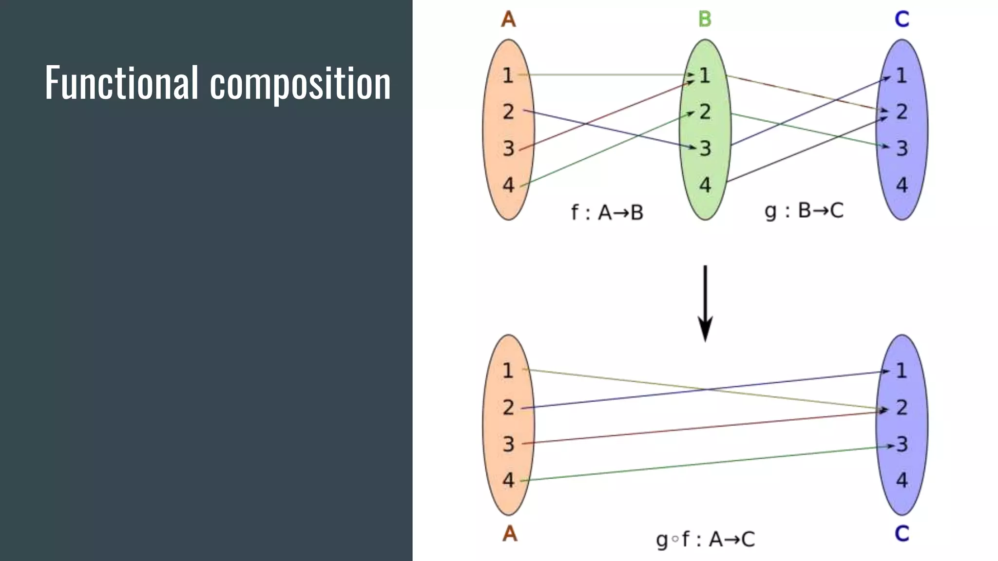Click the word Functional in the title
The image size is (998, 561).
tap(122, 82)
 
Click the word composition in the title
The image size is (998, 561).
tap(300, 84)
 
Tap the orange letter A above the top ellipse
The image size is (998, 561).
tap(508, 19)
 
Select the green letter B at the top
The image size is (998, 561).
tap(705, 19)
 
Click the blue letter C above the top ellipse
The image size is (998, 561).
tap(902, 19)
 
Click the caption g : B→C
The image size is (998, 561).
tap(804, 211)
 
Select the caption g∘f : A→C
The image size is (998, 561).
tap(705, 539)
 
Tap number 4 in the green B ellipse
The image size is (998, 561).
tap(705, 185)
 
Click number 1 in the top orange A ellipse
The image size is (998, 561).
tap(508, 75)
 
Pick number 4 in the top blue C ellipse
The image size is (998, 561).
tap(902, 185)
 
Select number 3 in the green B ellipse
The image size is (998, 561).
tap(706, 149)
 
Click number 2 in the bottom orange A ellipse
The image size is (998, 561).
tap(508, 407)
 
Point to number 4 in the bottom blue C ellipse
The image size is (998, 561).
tap(902, 480)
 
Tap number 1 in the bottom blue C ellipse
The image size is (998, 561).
tap(902, 371)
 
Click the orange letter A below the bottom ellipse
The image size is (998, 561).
tap(509, 534)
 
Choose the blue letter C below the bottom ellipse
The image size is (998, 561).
tap(902, 534)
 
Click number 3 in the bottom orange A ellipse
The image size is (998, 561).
tap(508, 444)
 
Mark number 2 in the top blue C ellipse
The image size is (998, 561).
tap(902, 112)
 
